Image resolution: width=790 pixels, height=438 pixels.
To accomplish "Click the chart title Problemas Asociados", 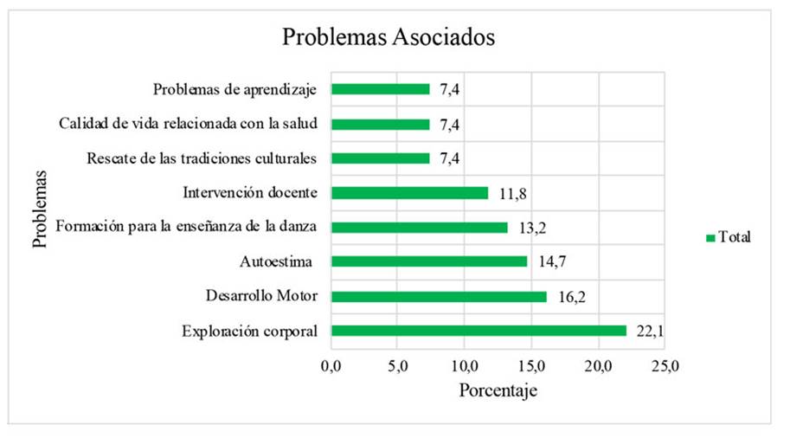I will pos(389,39).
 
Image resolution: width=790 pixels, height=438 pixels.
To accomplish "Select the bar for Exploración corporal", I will pos(478,331).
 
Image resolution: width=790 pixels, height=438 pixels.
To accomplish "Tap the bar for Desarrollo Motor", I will pos(439,296).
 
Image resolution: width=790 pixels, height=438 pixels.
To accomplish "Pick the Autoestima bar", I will pos(429,261).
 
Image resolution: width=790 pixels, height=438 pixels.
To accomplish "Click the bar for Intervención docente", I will pos(409,192).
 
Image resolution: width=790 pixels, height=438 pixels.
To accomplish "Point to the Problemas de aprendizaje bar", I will pos(381,89).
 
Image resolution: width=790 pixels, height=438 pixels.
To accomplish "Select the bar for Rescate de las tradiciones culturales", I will pos(381,158).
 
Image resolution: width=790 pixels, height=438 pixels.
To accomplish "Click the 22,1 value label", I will pos(648,332).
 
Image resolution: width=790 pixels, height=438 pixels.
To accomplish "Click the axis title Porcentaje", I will pos(498,390).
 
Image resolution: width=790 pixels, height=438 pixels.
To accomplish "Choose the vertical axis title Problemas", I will pos(40,209).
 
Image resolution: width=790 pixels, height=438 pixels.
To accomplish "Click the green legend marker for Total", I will pos(710,237).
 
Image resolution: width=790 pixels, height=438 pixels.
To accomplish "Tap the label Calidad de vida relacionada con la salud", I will pos(188,124).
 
